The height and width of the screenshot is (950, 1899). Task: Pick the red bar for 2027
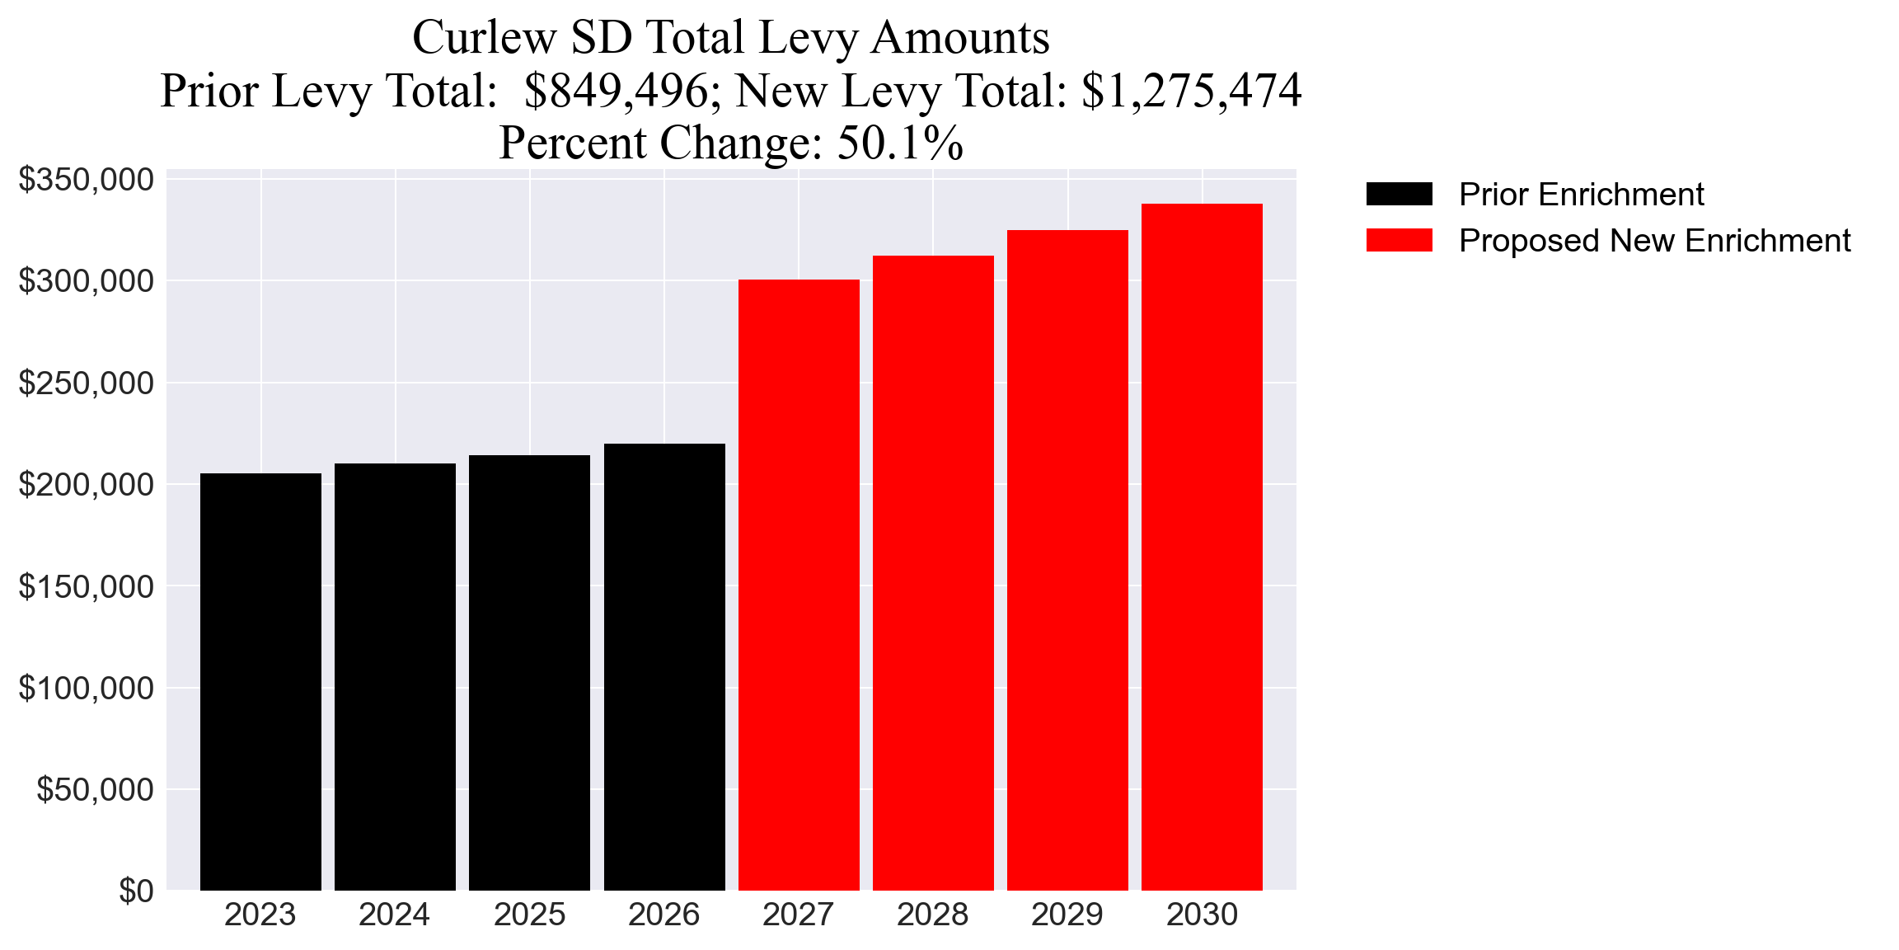(799, 585)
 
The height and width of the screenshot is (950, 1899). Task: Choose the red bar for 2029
(1067, 560)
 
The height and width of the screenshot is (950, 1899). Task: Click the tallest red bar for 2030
(1202, 547)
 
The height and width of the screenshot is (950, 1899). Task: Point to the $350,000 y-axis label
(86, 180)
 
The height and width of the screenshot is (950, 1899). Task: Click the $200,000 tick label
(86, 485)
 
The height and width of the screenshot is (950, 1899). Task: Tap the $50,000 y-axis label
(95, 790)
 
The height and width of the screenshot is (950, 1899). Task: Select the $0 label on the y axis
(136, 891)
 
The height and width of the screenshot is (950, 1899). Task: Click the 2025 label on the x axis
(529, 915)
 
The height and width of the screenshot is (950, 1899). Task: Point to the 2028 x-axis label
(932, 915)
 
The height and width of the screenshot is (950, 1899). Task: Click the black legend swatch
(1399, 195)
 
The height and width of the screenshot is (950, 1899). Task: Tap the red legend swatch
(1399, 241)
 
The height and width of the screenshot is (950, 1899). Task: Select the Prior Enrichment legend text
(1581, 195)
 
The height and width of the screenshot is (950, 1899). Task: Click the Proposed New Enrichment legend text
(1654, 241)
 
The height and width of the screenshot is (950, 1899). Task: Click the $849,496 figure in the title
(617, 91)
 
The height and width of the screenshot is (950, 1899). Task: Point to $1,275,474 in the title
(1191, 91)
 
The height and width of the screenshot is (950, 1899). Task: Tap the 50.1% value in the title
(900, 143)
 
